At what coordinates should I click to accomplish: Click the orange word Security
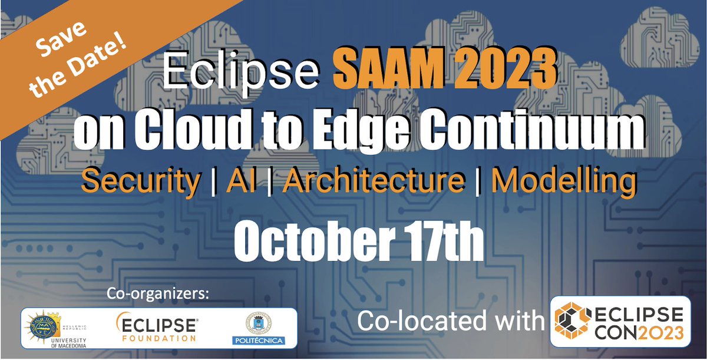(x=141, y=181)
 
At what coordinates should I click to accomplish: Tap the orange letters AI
(x=240, y=181)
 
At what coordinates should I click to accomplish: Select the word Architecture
(x=373, y=181)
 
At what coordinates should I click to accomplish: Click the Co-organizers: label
(x=158, y=293)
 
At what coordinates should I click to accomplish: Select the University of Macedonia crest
(x=43, y=326)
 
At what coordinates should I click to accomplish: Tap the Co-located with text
(x=450, y=322)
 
